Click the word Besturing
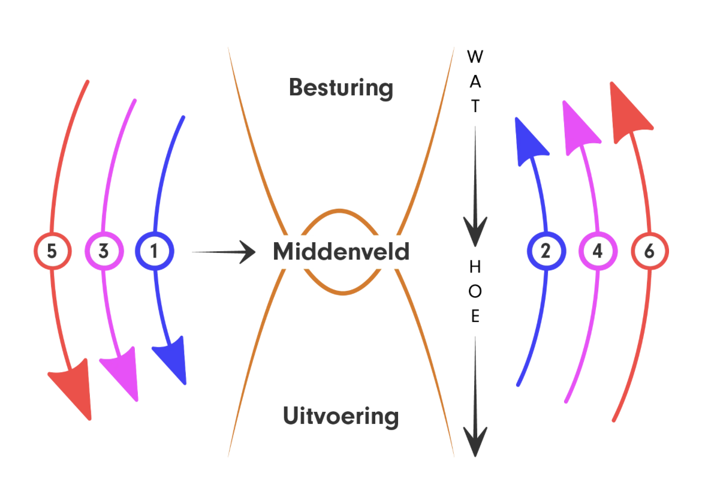341,88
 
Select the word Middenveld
341,252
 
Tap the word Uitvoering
341,416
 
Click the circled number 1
155,251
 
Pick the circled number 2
546,251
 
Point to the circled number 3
104,251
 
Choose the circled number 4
597,251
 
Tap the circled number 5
52,251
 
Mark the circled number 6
649,251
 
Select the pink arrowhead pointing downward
122,375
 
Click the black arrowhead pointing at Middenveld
246,252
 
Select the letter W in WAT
475,58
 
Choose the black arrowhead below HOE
475,441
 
